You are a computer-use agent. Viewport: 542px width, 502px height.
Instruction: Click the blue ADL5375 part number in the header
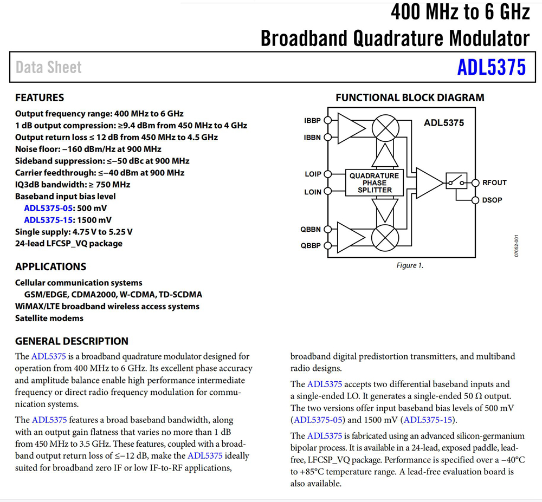pos(491,67)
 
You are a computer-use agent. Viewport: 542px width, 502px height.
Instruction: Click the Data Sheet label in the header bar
pos(49,67)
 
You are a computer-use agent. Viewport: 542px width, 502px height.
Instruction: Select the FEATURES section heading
pos(40,98)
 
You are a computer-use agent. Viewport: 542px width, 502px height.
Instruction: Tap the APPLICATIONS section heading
pos(50,266)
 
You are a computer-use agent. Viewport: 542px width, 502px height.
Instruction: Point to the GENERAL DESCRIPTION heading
pos(72,341)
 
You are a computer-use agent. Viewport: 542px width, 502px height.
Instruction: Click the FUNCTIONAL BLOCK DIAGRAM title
pos(410,98)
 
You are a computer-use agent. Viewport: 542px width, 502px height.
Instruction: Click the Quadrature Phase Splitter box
pos(374,183)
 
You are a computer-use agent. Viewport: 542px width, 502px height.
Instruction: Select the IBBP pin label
pos(312,121)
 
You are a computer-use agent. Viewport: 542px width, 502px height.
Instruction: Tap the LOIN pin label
pos(313,192)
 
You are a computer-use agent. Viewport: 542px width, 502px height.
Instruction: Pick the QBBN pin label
pos(311,229)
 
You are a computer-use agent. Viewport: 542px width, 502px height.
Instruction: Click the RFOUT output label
pos(494,182)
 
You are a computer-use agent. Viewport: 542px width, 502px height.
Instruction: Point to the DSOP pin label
pos(492,200)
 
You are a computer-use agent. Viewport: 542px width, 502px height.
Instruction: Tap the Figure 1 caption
pos(409,265)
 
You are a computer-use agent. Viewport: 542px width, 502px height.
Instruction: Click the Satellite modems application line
pos(49,318)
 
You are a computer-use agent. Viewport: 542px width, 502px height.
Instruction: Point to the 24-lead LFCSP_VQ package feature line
pos(69,244)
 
